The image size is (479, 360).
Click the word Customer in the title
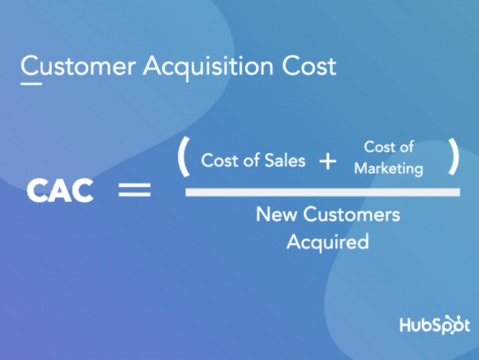click(79, 66)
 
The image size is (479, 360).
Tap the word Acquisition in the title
click(208, 68)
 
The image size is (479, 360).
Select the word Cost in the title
click(309, 66)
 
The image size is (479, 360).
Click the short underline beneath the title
click(31, 83)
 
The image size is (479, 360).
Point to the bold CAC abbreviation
click(60, 190)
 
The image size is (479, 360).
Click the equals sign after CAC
click(134, 189)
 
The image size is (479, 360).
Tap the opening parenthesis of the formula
click(185, 157)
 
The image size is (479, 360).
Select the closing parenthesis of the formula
click(454, 156)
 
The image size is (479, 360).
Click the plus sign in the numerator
click(327, 161)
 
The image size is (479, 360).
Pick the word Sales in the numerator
click(285, 160)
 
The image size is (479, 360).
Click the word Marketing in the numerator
click(389, 169)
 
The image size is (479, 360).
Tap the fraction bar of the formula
click(323, 193)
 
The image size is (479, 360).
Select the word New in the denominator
click(276, 214)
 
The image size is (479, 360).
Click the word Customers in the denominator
click(352, 214)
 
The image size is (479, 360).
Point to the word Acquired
click(327, 242)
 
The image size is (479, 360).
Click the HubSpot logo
click(435, 325)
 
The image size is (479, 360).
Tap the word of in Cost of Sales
click(252, 160)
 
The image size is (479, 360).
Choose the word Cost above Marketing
click(379, 147)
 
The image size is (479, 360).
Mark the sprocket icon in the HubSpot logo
click(454, 324)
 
